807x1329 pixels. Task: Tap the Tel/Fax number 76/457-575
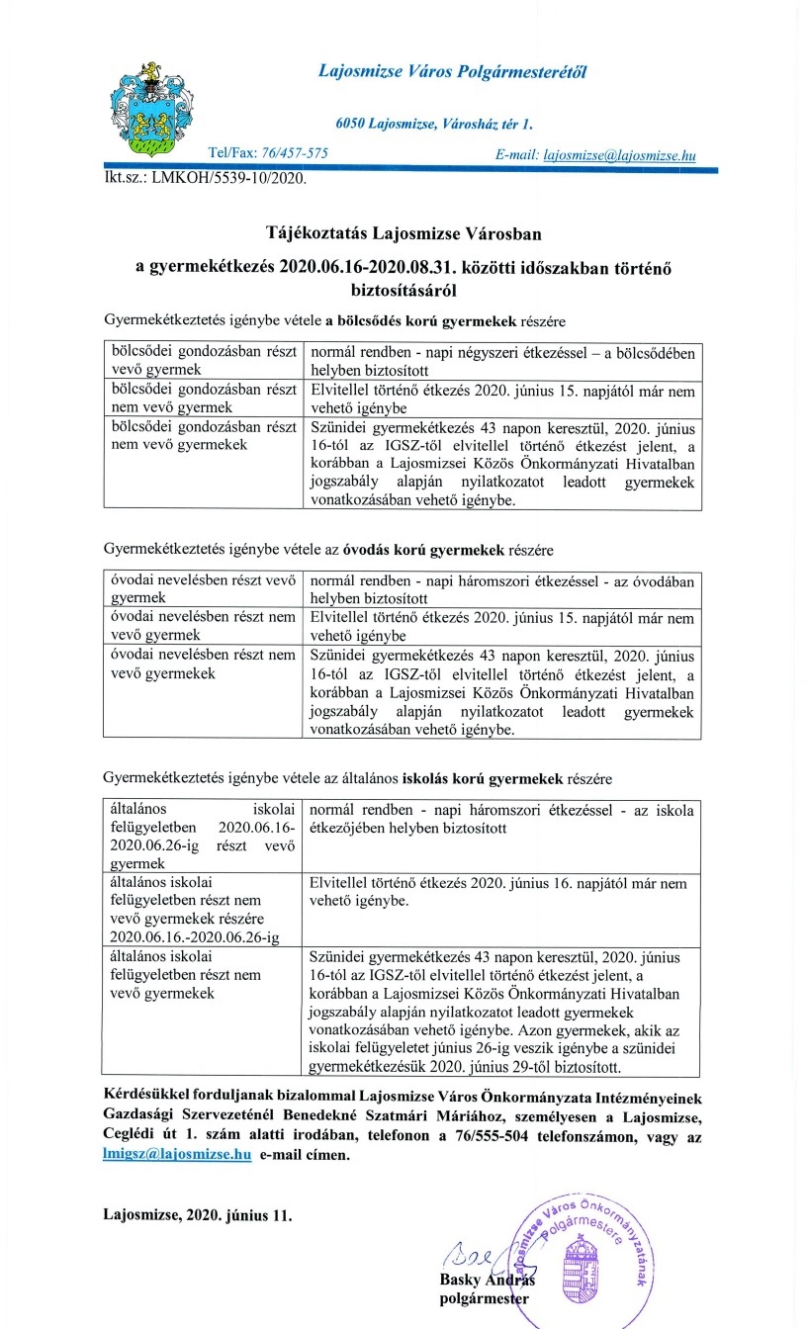point(295,154)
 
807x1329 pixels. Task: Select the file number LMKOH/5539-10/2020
point(228,180)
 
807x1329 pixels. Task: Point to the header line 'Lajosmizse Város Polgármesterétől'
point(452,70)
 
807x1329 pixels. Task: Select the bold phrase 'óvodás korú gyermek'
point(429,549)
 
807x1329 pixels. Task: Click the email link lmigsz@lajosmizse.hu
point(177,1154)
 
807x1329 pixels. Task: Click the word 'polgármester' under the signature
point(485,1298)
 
